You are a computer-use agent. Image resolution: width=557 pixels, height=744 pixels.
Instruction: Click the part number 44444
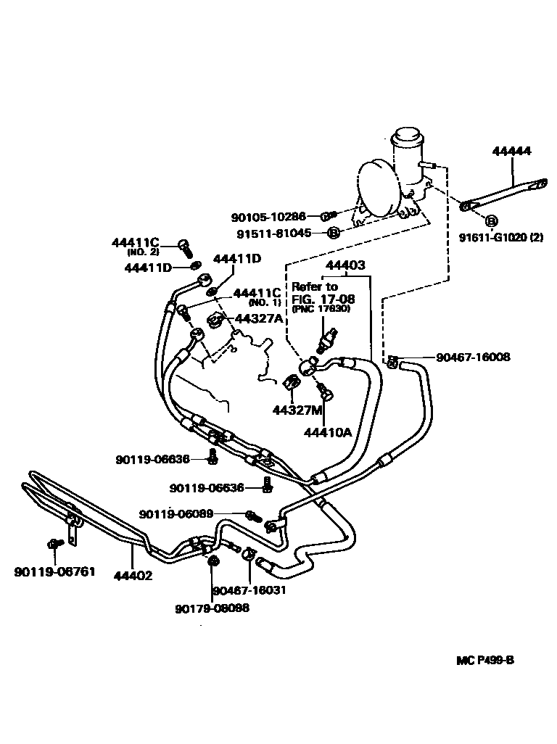511,152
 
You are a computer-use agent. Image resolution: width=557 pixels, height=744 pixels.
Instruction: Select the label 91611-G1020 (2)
500,237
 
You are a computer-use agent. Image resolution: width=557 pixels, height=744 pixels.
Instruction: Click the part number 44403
344,266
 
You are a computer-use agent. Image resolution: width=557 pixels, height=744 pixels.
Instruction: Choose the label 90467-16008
473,357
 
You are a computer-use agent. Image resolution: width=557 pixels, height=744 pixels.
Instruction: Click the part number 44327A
258,318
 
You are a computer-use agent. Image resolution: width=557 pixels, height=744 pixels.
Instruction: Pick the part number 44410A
328,432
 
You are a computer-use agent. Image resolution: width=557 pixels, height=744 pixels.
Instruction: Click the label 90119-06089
176,514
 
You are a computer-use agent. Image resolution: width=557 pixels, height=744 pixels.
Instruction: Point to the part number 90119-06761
54,572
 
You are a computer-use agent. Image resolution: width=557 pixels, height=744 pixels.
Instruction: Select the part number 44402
132,576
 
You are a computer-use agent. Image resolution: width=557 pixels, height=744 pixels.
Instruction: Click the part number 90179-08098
212,608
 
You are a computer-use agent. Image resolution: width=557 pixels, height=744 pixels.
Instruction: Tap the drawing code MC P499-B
486,661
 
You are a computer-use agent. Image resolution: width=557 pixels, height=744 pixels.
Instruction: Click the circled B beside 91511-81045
333,233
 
